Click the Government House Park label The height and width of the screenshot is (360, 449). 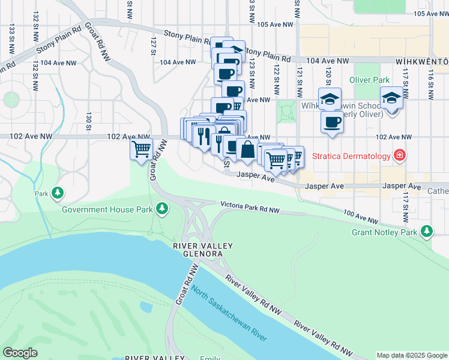pos(106,209)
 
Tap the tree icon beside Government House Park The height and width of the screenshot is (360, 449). pos(161,208)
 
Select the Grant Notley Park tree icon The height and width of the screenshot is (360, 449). pos(427,231)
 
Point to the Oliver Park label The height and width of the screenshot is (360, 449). pos(369,80)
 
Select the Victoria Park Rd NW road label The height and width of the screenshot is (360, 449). pos(250,208)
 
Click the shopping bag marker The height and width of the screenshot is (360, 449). pos(247,149)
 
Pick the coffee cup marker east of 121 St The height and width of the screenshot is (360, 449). pos(331,122)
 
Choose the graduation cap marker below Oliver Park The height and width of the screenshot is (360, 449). pos(391,98)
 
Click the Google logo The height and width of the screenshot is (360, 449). pos(20,353)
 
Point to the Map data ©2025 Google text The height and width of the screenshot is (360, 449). pos(411,355)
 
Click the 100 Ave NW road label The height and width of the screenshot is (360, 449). pos(361,216)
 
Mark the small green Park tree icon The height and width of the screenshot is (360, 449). pos(58,193)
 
